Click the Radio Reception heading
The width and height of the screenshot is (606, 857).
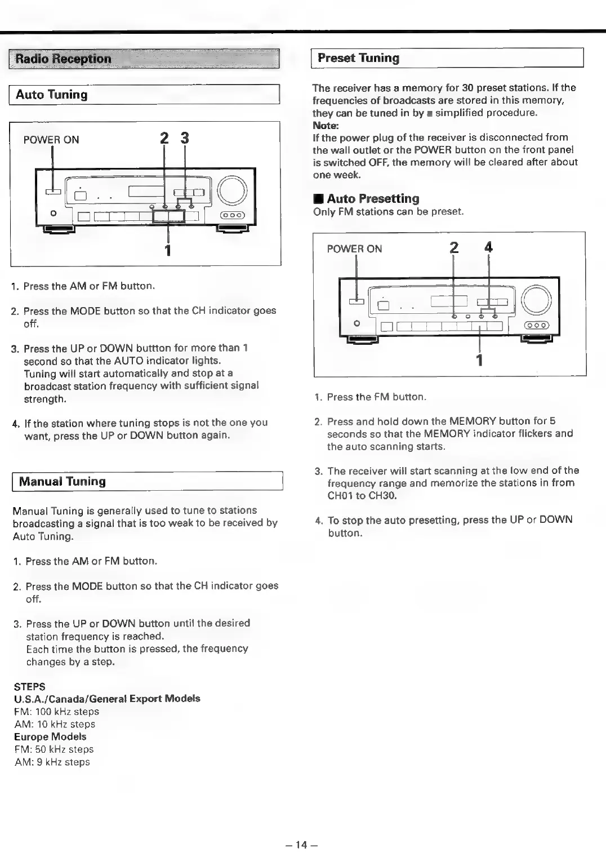[x=63, y=59]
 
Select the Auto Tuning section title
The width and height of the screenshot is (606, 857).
[x=52, y=95]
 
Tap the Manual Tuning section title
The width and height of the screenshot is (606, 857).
[x=62, y=482]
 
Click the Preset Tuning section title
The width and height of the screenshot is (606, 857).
[x=358, y=58]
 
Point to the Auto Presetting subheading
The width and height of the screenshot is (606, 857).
[x=372, y=199]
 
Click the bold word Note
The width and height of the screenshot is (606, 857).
[x=325, y=126]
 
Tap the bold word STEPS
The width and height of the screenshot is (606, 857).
[x=30, y=687]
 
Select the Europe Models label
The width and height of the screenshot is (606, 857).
[x=51, y=737]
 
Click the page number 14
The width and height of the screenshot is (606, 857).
[x=302, y=845]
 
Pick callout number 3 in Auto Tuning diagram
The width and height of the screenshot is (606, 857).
[x=185, y=138]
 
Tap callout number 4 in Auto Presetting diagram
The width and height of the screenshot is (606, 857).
[x=488, y=247]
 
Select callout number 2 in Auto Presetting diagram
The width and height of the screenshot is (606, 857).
[x=454, y=247]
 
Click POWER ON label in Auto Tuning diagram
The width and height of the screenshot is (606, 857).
[x=51, y=140]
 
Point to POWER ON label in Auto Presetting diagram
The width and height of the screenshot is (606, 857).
[x=354, y=249]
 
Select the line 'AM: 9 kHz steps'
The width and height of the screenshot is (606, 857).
[x=52, y=762]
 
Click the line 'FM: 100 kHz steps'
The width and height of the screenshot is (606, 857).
[x=57, y=712]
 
